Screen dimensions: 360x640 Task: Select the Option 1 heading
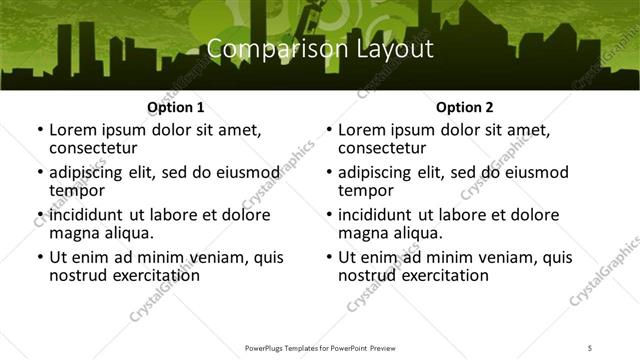pos(175,106)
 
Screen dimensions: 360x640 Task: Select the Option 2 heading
pos(465,106)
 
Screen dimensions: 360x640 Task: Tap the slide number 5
pos(590,348)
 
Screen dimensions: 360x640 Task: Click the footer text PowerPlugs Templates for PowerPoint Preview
pos(319,348)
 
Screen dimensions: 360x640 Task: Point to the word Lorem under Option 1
pos(72,129)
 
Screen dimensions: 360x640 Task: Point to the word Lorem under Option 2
pos(361,129)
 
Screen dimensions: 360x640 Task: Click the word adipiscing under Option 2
pos(376,172)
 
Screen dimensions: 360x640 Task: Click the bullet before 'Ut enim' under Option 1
pos(39,258)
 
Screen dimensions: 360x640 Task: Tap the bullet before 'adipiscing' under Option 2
pos(329,173)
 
